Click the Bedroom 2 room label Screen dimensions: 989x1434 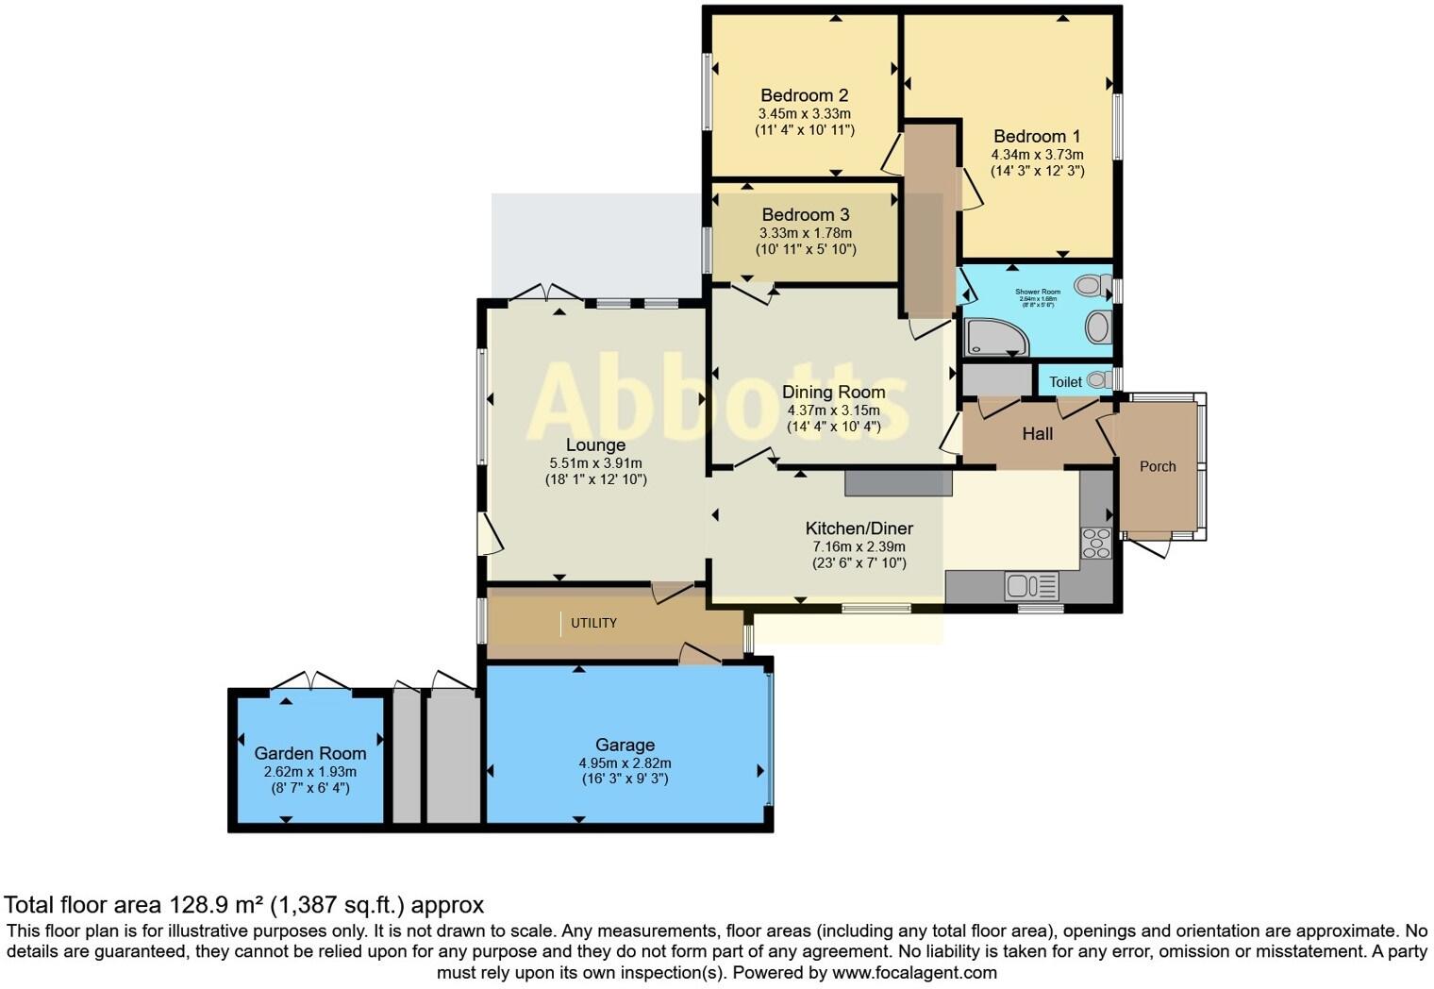point(804,95)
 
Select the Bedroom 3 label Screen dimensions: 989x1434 point(805,215)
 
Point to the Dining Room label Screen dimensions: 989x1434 point(833,392)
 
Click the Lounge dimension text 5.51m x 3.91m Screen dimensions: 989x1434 point(595,463)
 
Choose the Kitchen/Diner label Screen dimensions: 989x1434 point(859,528)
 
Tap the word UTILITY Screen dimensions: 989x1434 point(594,623)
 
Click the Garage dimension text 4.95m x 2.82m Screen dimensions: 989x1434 point(625,763)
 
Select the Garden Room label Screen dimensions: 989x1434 point(309,753)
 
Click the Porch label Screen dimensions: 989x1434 point(1158,466)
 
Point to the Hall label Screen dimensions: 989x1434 point(1037,434)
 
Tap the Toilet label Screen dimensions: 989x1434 point(1065,382)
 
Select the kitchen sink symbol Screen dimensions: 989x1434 point(1031,586)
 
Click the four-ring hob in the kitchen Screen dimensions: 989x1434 point(1096,544)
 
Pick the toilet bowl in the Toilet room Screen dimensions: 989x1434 point(1097,380)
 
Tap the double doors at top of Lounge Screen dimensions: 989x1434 point(546,293)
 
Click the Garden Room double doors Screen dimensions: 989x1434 point(310,681)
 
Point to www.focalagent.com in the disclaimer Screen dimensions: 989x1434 point(914,972)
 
